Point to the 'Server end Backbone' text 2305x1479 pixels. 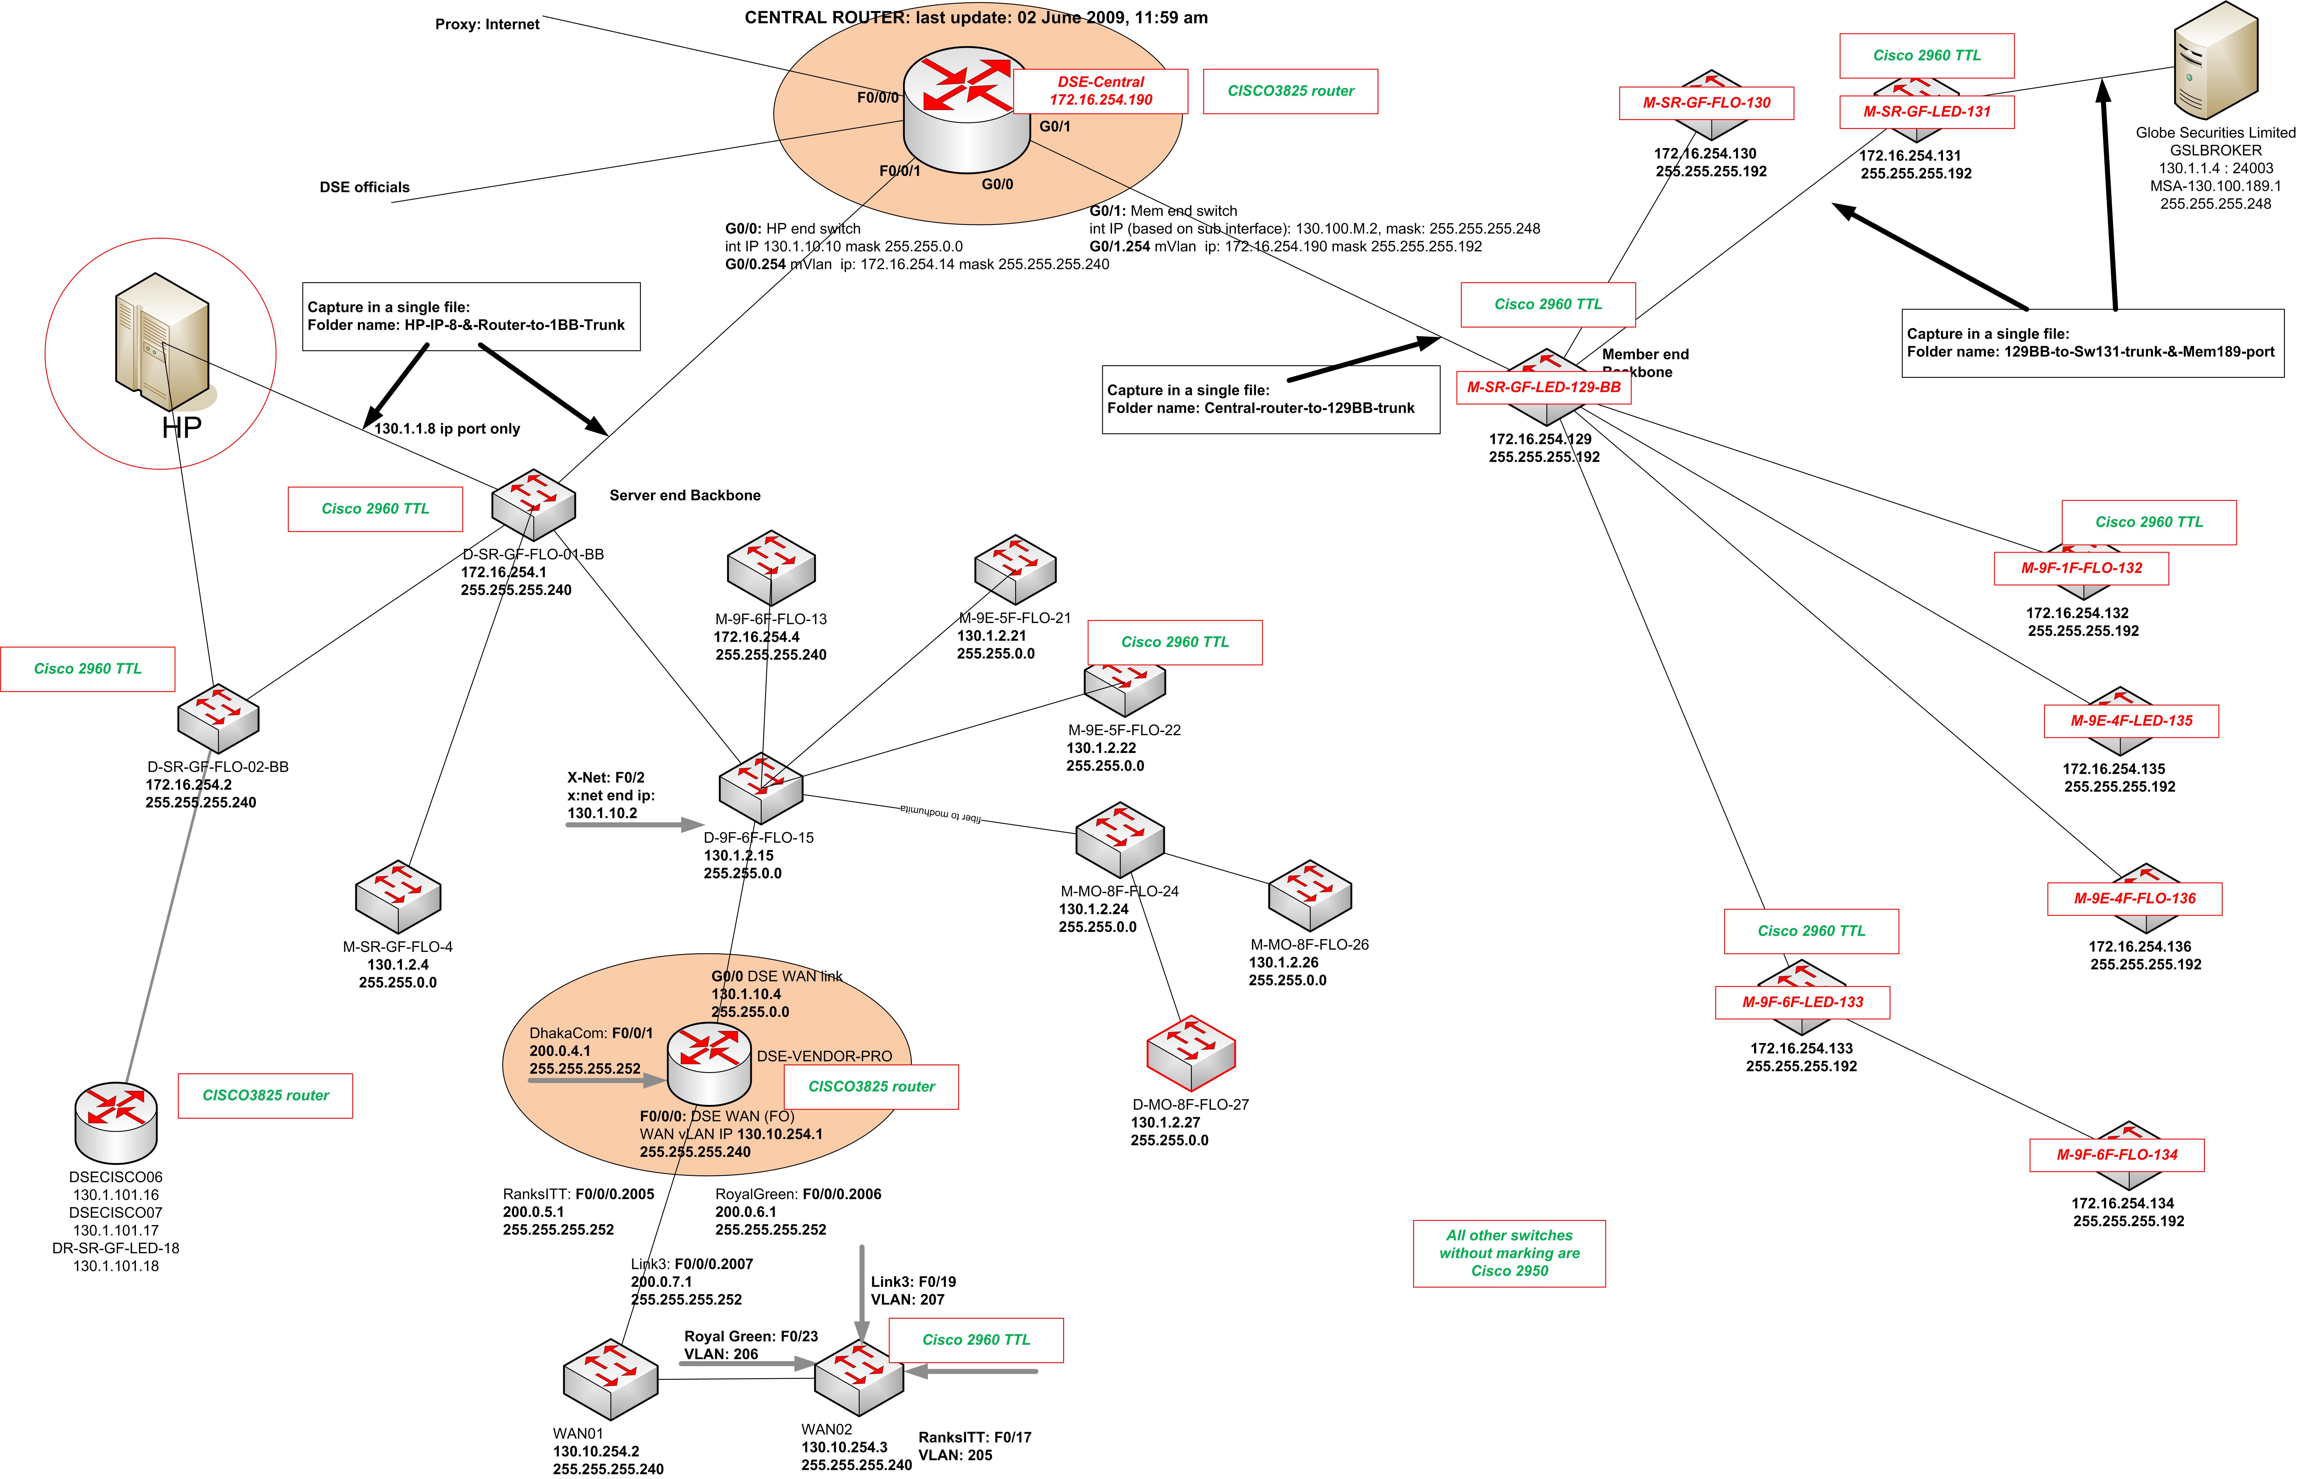(x=685, y=495)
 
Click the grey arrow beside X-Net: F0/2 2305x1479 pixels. (x=634, y=824)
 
